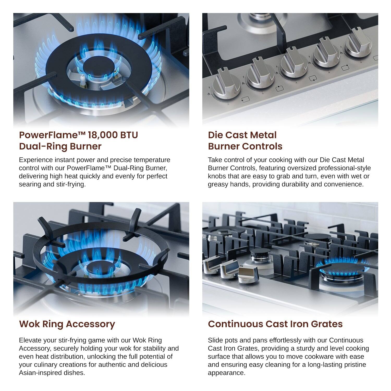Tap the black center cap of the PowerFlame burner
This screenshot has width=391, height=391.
[99, 65]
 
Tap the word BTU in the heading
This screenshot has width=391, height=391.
[129, 135]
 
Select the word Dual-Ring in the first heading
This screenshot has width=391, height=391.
[41, 146]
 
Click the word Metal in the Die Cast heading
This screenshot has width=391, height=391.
[264, 135]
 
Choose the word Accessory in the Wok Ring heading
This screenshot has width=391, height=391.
[90, 324]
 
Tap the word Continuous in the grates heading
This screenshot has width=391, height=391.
[235, 324]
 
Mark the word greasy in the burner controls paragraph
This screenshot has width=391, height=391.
[218, 184]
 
